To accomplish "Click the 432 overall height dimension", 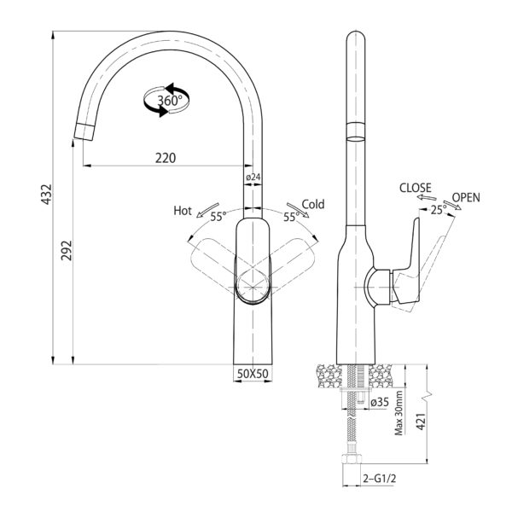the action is [46, 195].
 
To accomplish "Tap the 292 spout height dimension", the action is [67, 250].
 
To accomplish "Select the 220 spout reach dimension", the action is [166, 158].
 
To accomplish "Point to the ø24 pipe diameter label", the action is [253, 177].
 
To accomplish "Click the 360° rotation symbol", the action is [166, 100].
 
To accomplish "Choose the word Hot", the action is [183, 211].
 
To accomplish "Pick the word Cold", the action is [313, 205].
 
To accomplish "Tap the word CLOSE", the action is [416, 188].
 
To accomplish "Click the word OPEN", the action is [466, 198].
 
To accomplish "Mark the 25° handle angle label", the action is [439, 210].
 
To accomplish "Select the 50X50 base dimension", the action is [253, 374].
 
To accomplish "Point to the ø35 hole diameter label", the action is [380, 402].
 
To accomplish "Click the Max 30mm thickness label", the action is [399, 413].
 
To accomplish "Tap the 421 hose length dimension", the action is [422, 422].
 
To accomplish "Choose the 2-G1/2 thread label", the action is [380, 479].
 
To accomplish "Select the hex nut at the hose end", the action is [352, 458].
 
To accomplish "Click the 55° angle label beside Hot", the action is [218, 217].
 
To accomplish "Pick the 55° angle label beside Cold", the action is [291, 217].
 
